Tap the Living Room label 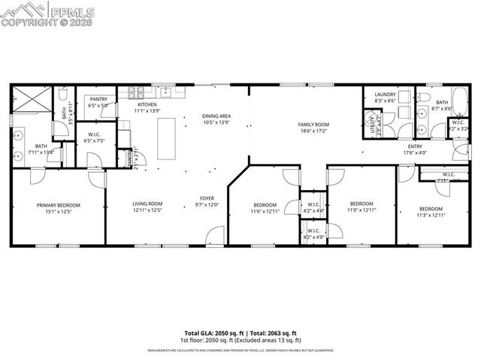tap(148, 204)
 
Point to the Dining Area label tap(216, 116)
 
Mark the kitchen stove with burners tap(136, 94)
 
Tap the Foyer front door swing tap(213, 236)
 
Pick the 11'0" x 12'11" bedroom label tap(362, 203)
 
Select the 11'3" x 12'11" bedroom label tap(431, 209)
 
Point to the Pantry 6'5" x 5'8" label tap(98, 99)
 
